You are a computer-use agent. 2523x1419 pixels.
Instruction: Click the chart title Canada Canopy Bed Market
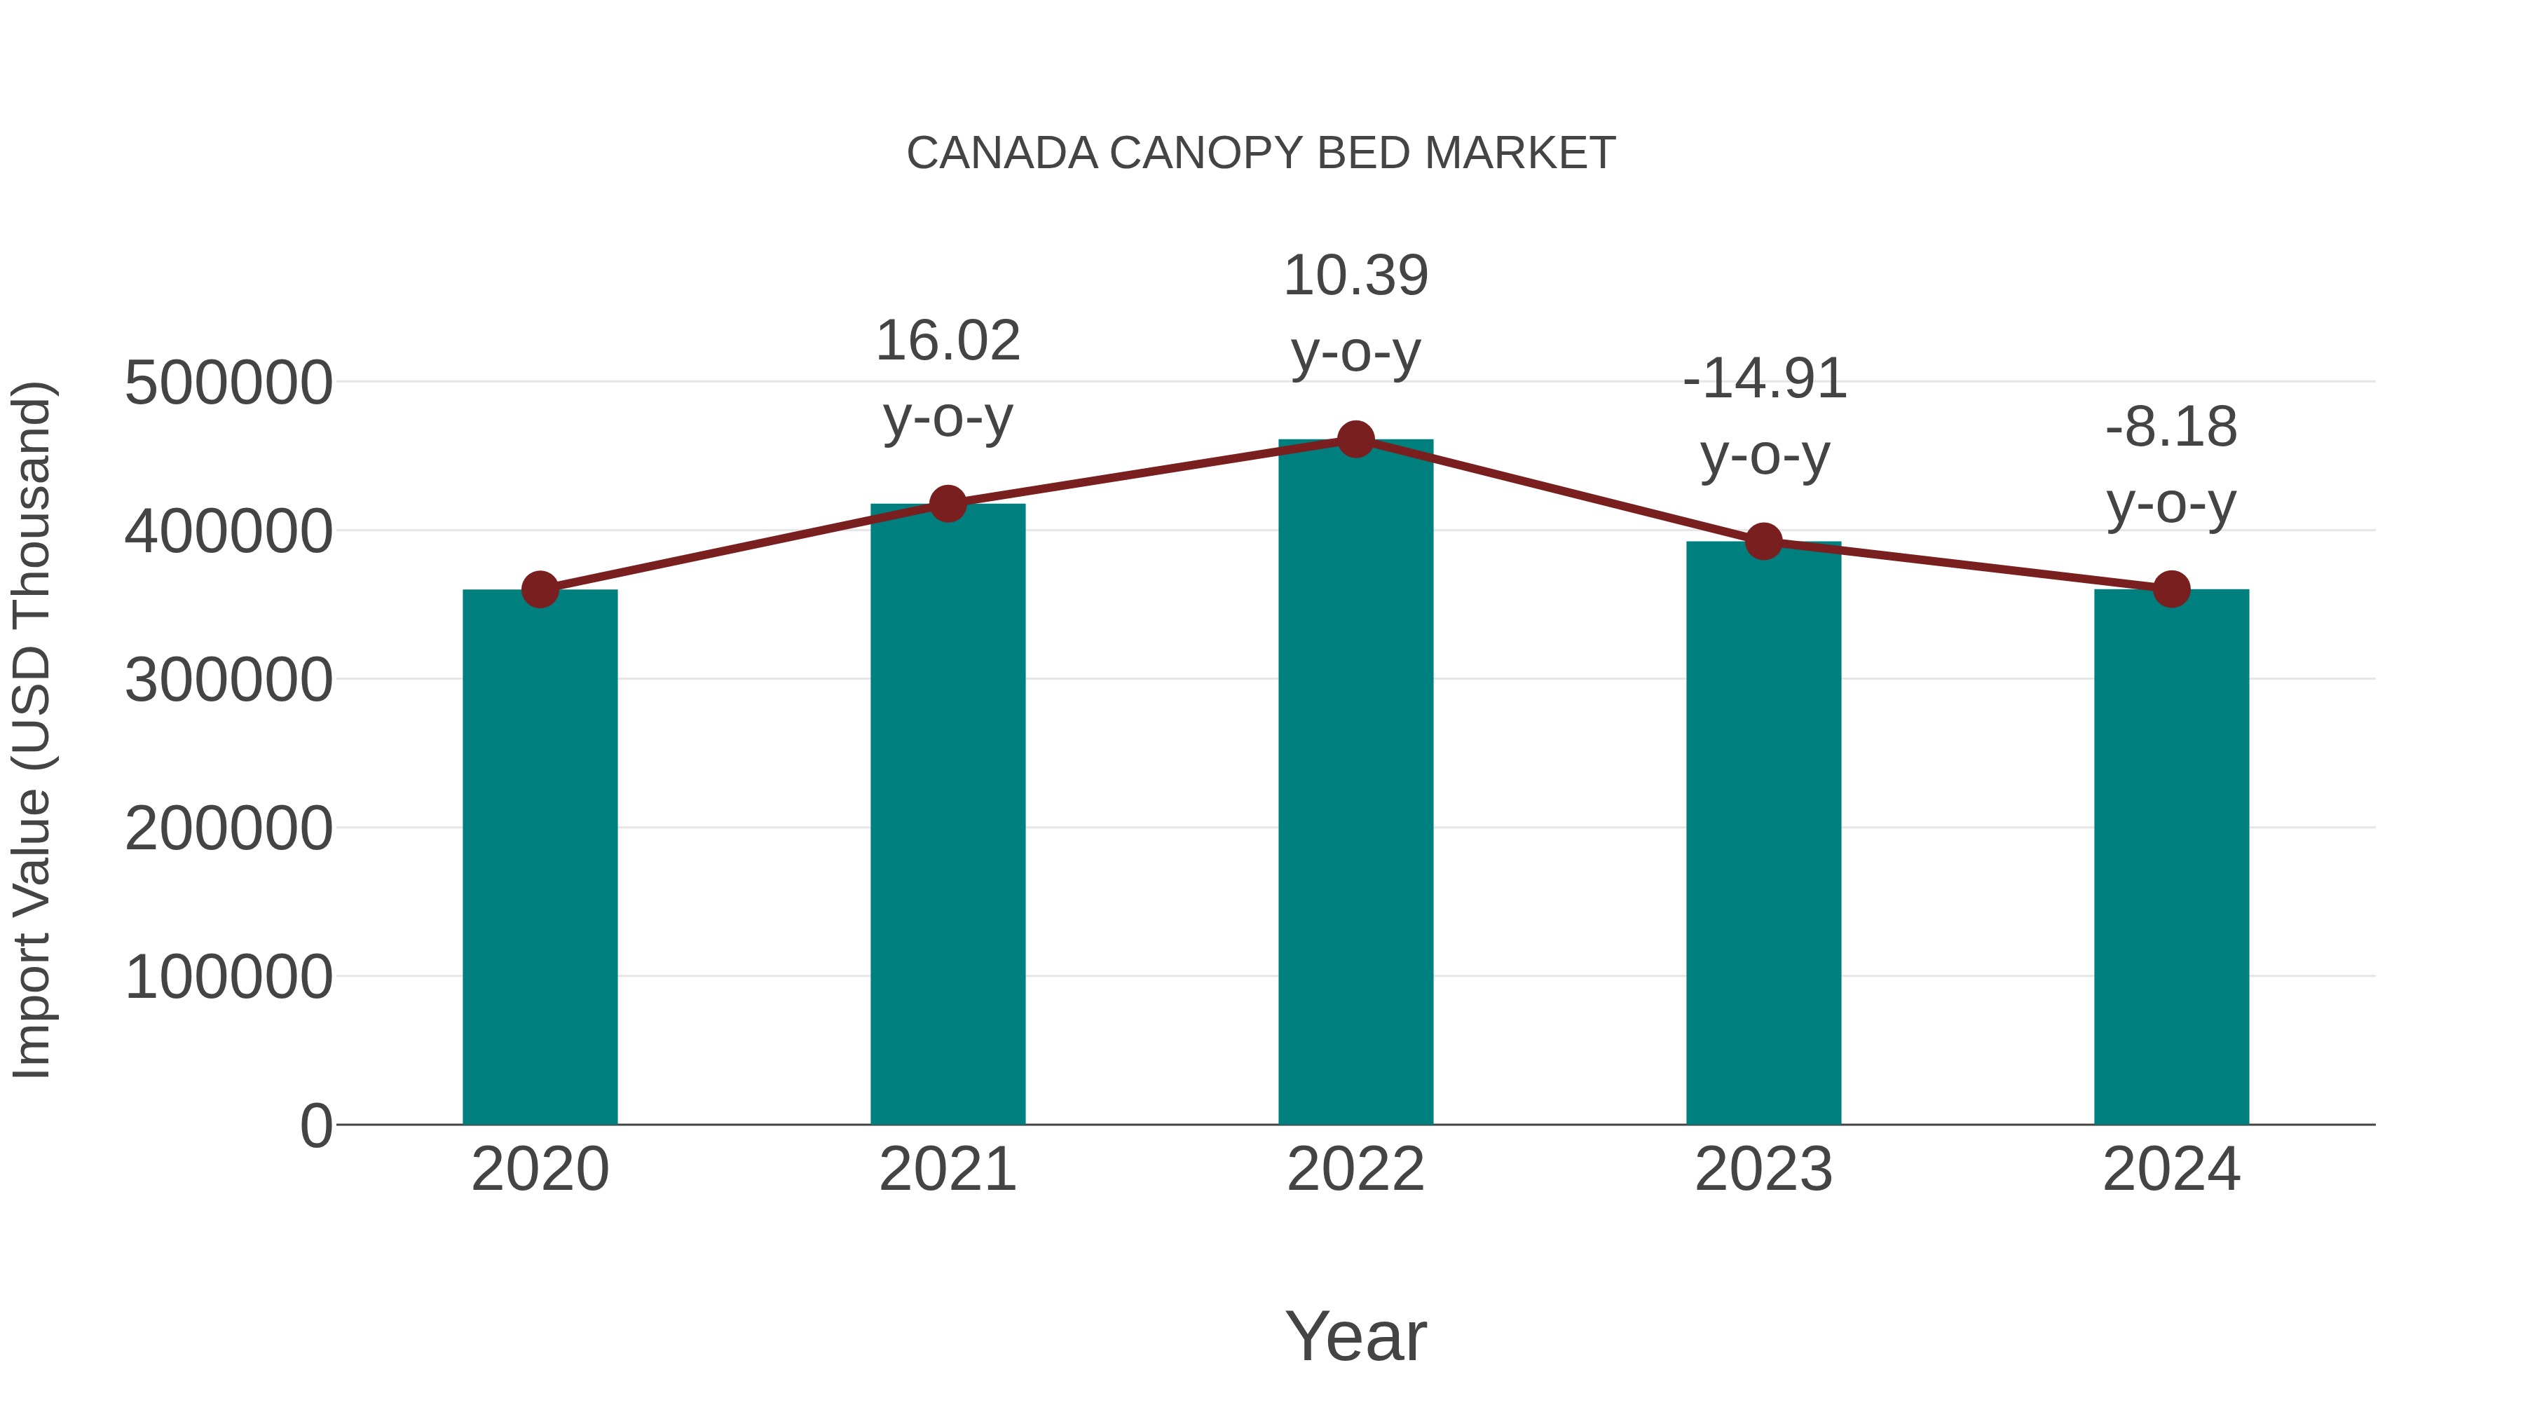click(1261, 153)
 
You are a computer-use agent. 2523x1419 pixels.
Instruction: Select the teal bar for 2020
click(540, 857)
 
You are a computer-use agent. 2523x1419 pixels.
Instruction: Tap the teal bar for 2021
click(947, 813)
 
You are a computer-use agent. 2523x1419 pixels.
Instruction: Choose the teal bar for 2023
click(1763, 832)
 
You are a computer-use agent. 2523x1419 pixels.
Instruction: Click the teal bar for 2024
click(2171, 857)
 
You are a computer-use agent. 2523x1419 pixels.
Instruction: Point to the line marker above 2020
click(540, 589)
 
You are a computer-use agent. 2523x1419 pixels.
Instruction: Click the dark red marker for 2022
click(1355, 439)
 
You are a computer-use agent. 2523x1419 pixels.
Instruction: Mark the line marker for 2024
click(2171, 589)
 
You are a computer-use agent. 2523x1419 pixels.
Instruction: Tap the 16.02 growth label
click(947, 342)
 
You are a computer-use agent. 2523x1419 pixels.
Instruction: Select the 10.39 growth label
click(1355, 276)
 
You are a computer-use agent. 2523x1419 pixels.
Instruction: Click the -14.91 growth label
click(1764, 380)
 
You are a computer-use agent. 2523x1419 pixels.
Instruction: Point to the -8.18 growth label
click(2171, 428)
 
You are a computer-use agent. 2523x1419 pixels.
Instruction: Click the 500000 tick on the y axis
click(228, 383)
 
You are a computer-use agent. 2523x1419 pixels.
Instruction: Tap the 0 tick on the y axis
click(315, 1125)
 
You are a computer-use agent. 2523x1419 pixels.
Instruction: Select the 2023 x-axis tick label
click(1763, 1170)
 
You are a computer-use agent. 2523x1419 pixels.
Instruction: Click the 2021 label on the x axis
click(947, 1170)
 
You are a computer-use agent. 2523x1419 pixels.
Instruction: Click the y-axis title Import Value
click(32, 729)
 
